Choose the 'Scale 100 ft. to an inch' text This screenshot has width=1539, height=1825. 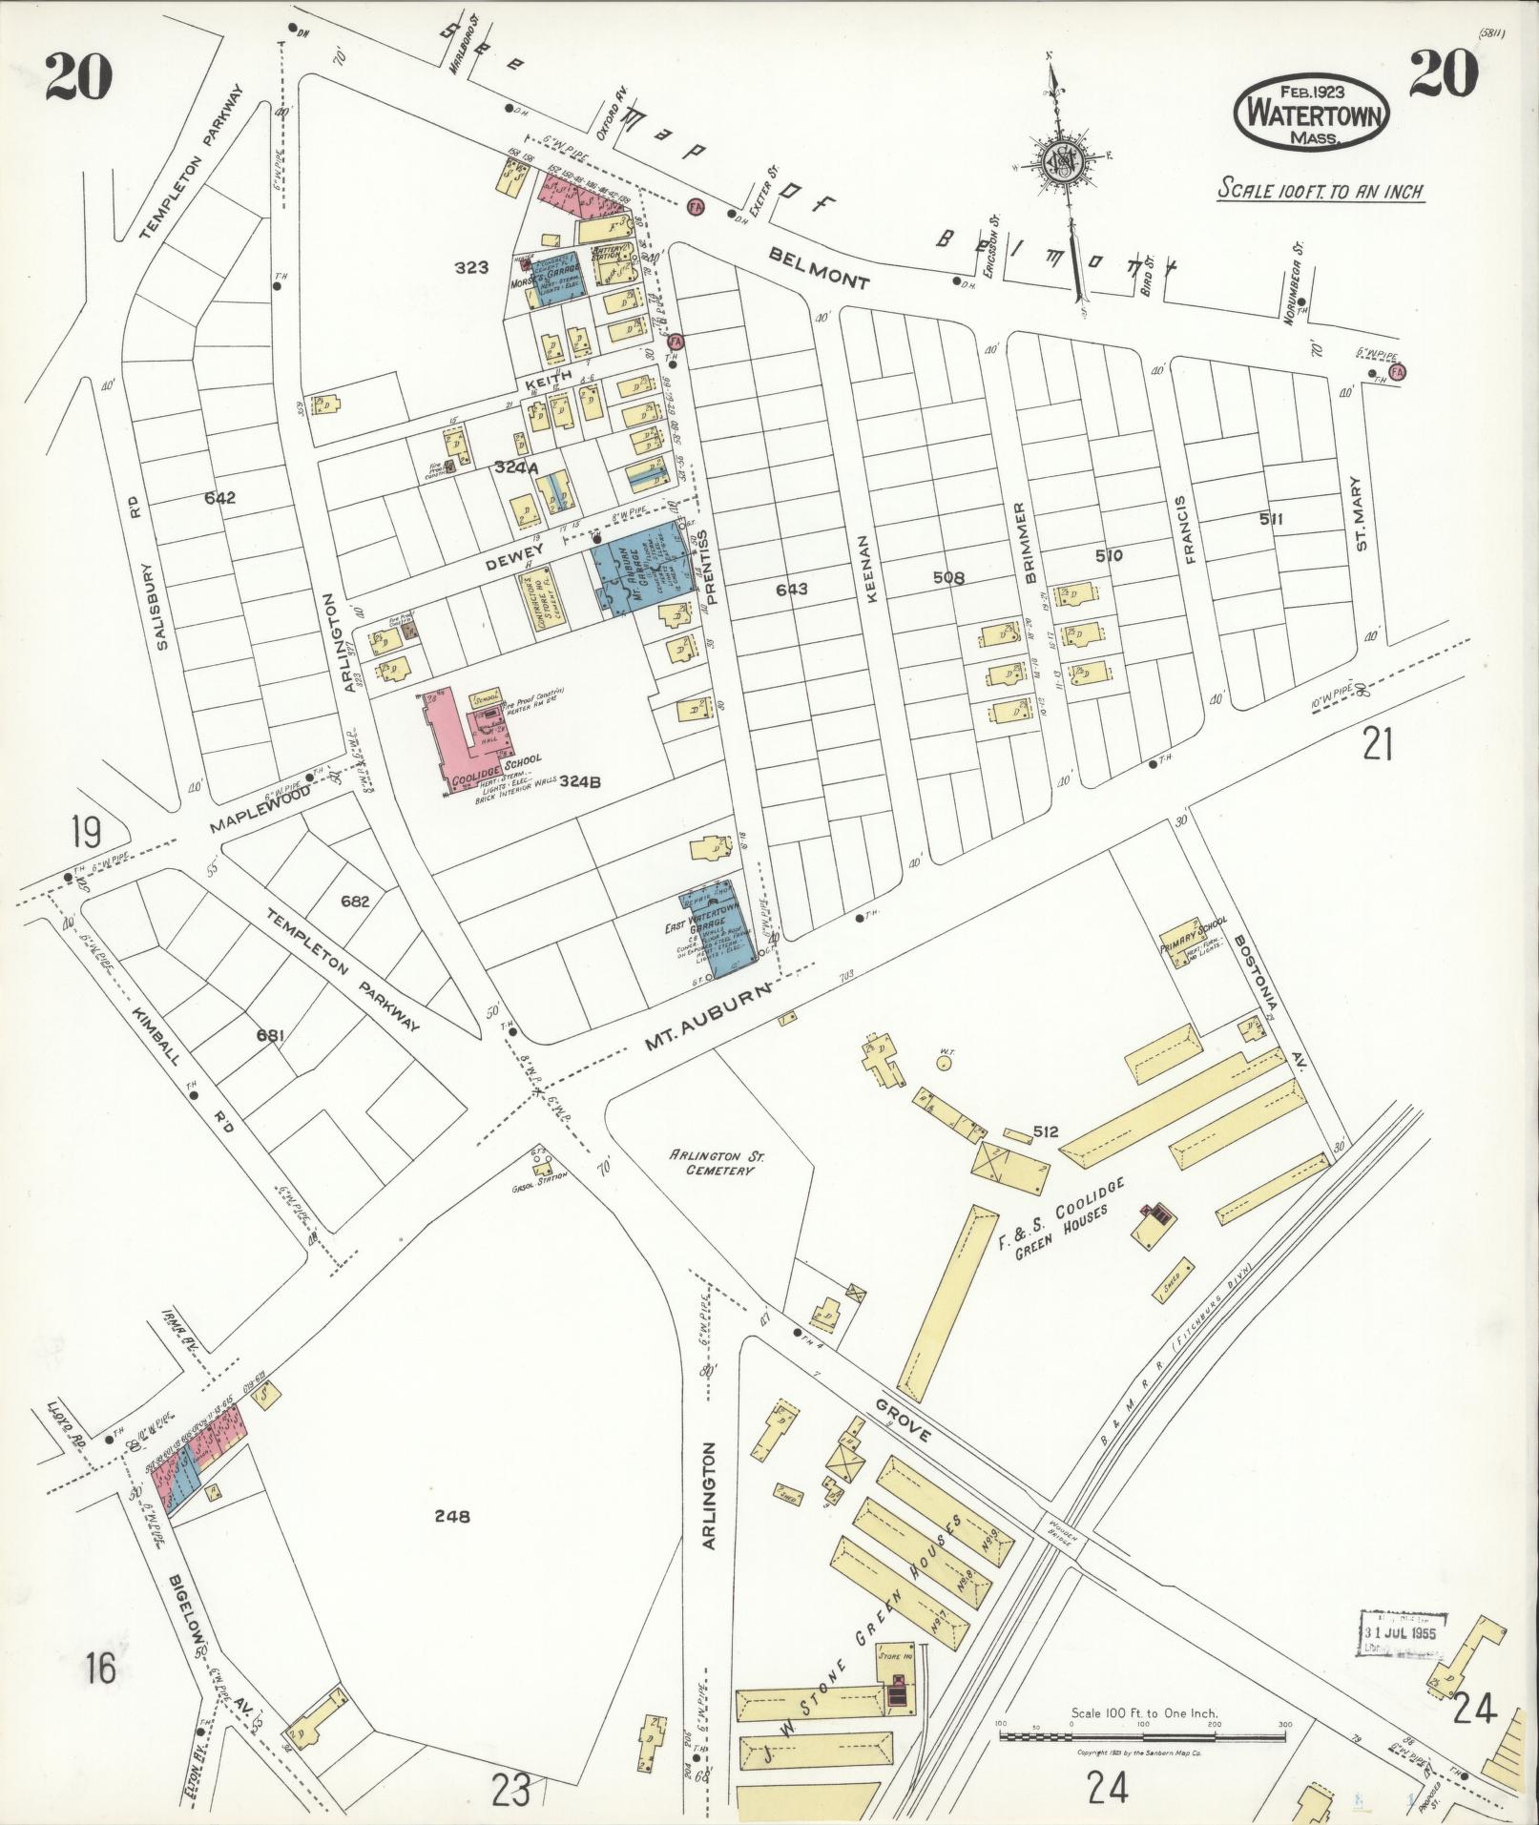coord(1321,191)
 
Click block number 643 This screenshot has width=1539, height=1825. coord(791,590)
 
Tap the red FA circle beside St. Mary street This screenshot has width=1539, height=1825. coord(1400,371)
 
